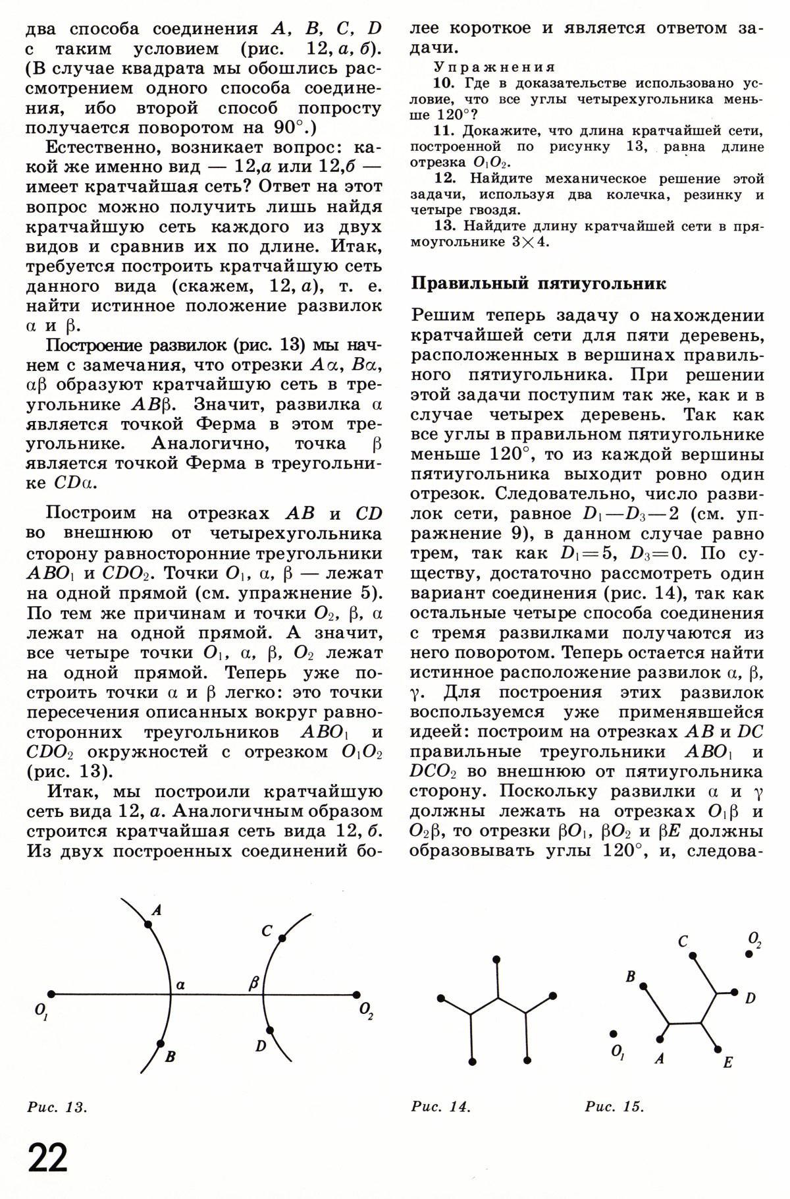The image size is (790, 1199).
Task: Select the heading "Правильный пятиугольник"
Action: [x=539, y=285]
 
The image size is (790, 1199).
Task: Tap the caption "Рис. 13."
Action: [x=57, y=1107]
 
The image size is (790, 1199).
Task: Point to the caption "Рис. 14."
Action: [x=440, y=1107]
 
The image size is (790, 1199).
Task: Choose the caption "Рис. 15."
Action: [x=614, y=1107]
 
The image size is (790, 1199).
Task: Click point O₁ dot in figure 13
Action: [x=50, y=994]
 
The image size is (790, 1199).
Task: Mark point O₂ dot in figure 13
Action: [x=356, y=995]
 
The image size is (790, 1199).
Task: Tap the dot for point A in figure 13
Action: [x=147, y=924]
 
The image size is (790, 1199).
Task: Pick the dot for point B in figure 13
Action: [x=160, y=1044]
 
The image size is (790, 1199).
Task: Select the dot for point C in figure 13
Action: [x=282, y=938]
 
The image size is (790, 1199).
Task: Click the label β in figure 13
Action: [x=253, y=985]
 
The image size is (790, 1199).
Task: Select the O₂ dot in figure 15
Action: [x=749, y=953]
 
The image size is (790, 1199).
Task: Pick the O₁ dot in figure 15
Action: [x=614, y=1034]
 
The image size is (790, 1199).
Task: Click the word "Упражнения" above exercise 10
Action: [x=494, y=67]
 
